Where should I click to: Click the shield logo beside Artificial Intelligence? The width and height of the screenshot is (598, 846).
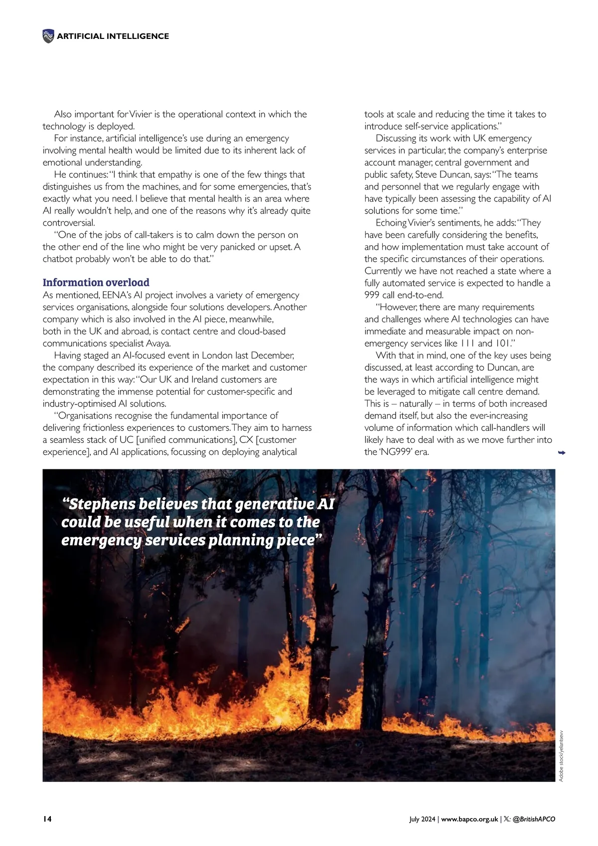pos(48,36)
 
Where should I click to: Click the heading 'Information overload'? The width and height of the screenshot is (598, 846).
pos(96,282)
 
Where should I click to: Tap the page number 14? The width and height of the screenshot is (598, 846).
pos(47,819)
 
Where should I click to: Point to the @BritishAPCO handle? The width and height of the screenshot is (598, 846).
pos(534,819)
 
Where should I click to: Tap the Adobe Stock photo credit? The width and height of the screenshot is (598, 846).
pos(561,756)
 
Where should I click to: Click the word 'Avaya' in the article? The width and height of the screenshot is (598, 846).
pos(158,343)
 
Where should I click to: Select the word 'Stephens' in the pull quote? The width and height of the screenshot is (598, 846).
pos(103,504)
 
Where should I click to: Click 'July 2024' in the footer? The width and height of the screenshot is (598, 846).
pos(423,819)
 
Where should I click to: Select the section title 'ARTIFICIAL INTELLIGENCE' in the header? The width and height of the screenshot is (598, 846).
pos(113,36)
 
